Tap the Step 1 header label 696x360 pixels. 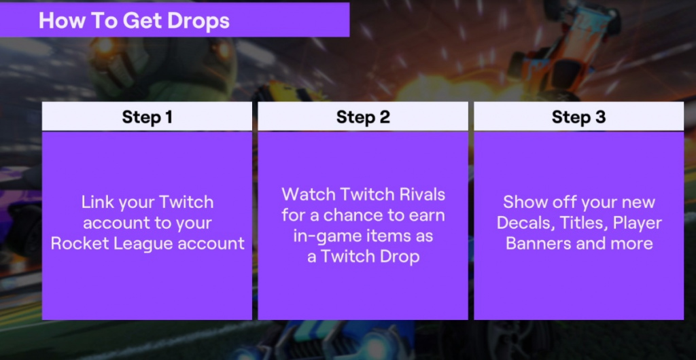coord(147,117)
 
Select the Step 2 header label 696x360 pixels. coord(363,117)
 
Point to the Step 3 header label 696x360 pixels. coord(579,117)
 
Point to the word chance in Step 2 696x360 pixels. coord(349,215)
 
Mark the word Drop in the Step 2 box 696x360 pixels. coord(399,258)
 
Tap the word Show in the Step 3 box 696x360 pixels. coord(523,202)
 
